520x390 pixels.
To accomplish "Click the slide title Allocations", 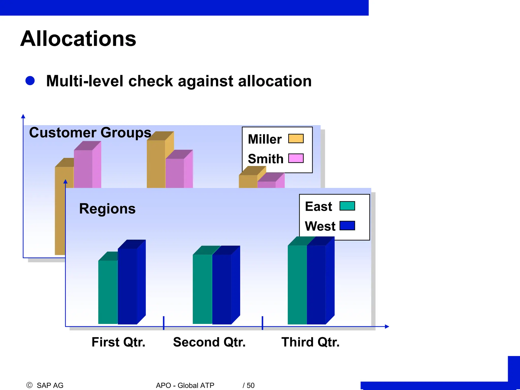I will tap(78, 39).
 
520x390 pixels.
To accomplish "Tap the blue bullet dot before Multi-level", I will tap(30, 81).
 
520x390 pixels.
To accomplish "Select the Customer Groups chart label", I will tap(90, 133).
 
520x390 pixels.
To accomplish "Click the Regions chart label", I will tap(107, 209).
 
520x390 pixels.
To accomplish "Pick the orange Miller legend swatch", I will tap(296, 139).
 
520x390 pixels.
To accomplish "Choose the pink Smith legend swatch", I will tap(296, 158).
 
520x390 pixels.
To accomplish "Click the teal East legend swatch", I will tap(347, 206).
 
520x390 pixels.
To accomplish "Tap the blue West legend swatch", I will tap(347, 225).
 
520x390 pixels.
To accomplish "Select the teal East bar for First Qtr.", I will tap(108, 292).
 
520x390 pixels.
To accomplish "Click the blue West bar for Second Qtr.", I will tap(222, 289).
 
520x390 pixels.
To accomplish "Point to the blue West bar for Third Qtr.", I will tap(316, 284).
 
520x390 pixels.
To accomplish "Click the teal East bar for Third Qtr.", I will tap(297, 284).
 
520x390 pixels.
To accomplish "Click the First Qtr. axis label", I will tap(118, 342).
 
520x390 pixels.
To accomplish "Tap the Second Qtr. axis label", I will tap(209, 342).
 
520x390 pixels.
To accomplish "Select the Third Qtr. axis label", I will tap(310, 342).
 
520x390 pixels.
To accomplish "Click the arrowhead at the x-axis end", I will tap(387, 327).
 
